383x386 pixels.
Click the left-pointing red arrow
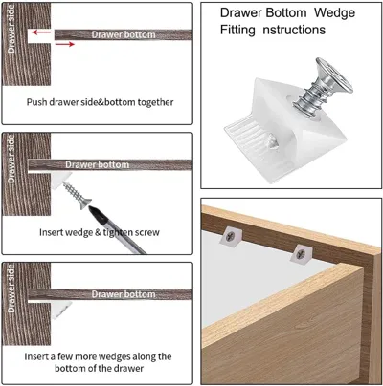(41, 32)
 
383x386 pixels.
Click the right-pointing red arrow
(65, 44)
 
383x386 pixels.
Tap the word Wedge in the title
(334, 13)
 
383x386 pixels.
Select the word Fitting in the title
(237, 30)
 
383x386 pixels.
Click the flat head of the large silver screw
(334, 75)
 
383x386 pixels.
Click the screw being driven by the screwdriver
(77, 195)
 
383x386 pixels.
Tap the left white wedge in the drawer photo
(231, 235)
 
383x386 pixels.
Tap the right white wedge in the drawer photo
(302, 253)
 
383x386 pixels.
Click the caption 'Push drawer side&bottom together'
(100, 102)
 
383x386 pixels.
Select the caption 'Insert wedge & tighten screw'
(100, 232)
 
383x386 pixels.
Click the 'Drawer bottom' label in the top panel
(124, 34)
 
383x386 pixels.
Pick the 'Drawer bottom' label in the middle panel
(98, 164)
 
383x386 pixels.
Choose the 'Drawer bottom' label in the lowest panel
(124, 294)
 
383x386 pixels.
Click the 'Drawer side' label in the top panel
(11, 30)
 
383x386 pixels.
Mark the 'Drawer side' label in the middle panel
(11, 159)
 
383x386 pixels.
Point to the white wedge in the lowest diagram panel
(60, 309)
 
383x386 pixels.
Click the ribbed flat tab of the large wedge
(252, 140)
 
